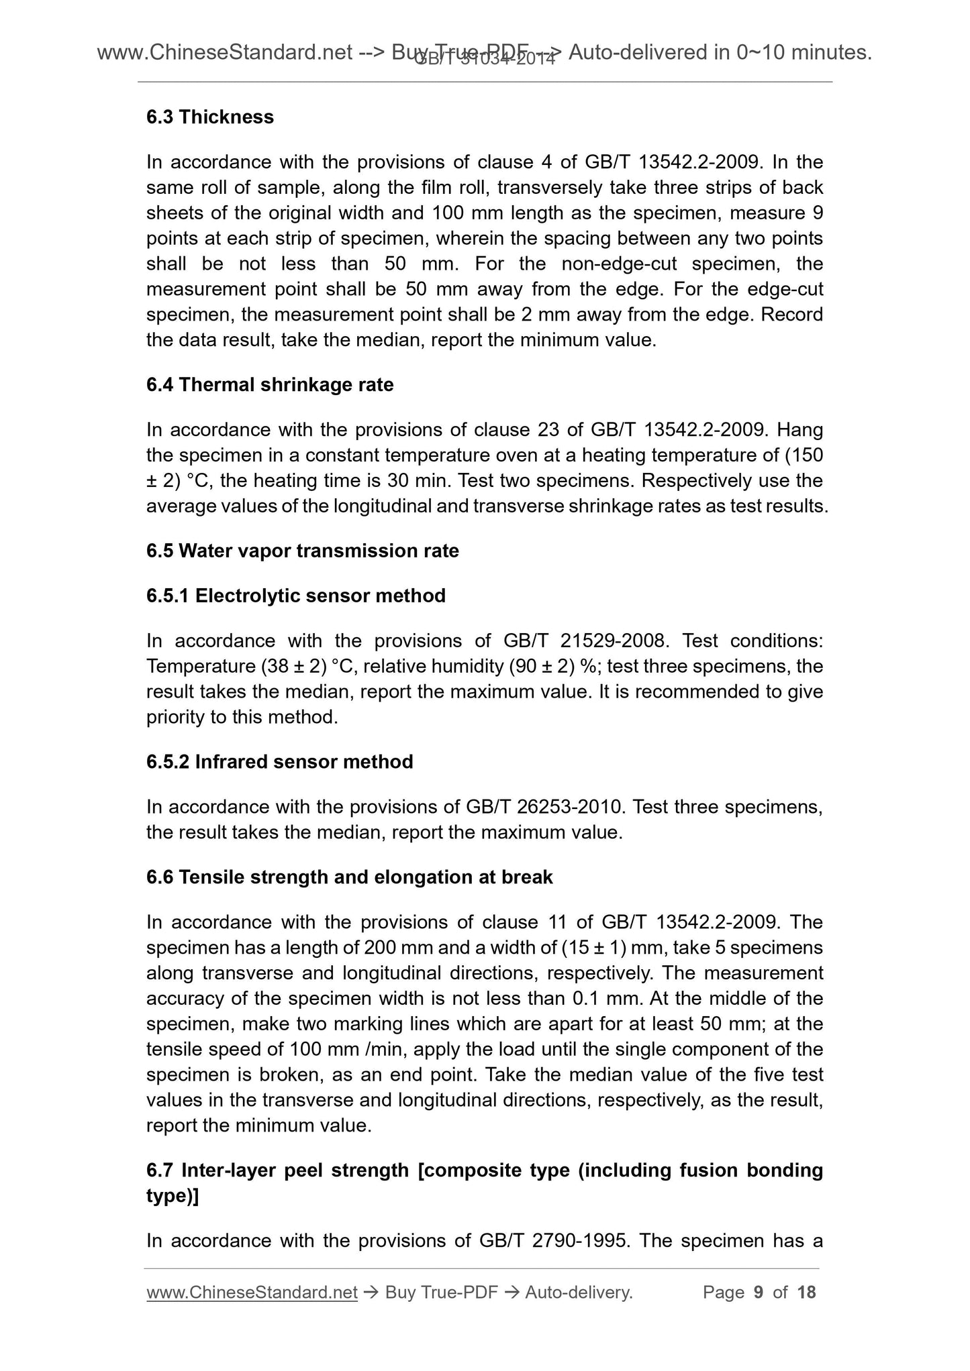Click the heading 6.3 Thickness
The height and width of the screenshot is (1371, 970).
pyautogui.click(x=210, y=117)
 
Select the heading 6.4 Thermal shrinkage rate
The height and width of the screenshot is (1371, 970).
pyautogui.click(x=270, y=384)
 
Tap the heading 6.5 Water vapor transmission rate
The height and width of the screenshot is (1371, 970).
pyautogui.click(x=303, y=551)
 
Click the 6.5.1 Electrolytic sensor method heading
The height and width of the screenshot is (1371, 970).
pyautogui.click(x=296, y=596)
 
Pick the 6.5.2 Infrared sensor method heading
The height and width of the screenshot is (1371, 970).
pyautogui.click(x=280, y=762)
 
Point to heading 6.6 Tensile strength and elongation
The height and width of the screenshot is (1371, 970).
pyautogui.click(x=350, y=877)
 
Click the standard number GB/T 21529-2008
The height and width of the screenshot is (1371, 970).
pyautogui.click(x=585, y=641)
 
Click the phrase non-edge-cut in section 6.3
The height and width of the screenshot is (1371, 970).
pyautogui.click(x=620, y=264)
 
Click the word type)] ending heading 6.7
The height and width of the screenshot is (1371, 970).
pyautogui.click(x=172, y=1196)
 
